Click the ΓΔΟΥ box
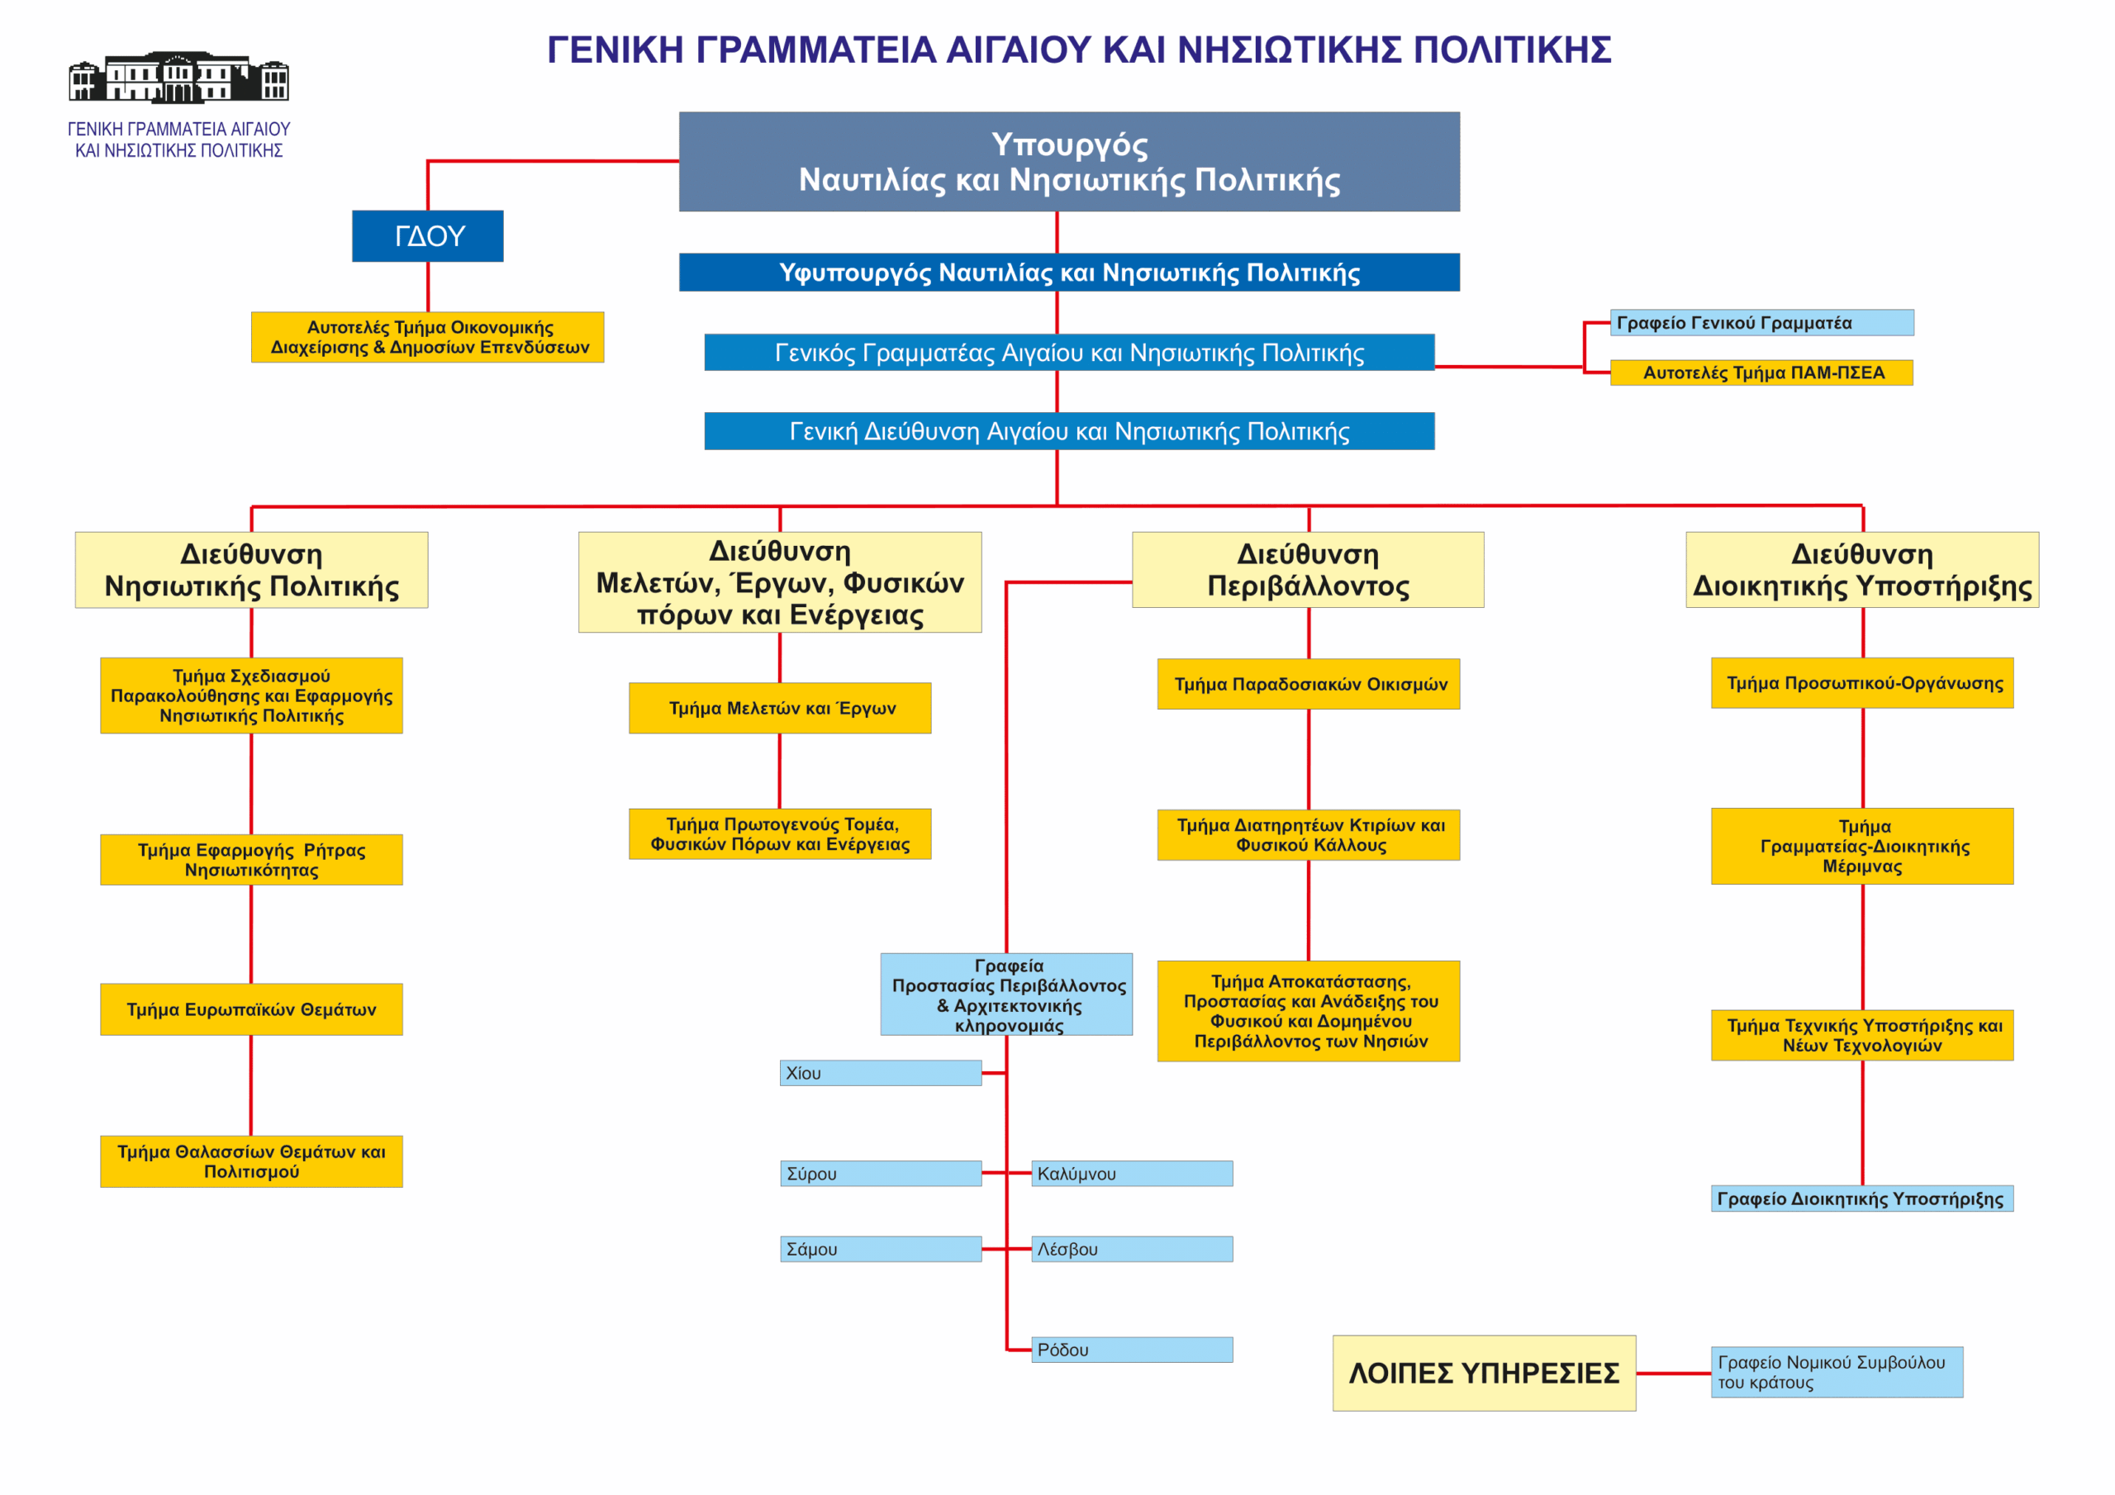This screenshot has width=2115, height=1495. point(427,235)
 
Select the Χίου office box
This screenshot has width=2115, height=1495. point(881,1073)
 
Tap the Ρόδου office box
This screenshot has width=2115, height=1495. point(1132,1350)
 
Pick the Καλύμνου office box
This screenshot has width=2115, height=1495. point(1132,1174)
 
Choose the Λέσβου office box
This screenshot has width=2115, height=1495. point(1132,1249)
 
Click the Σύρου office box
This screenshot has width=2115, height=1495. point(881,1174)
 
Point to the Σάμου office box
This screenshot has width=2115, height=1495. point(881,1249)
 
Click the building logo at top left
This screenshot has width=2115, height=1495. point(178,78)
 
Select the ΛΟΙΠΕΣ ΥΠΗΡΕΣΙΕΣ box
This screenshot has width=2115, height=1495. point(1484,1374)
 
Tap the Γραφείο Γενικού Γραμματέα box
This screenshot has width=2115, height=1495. point(1762,322)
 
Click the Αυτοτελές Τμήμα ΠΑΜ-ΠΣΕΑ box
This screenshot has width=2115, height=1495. point(1761,373)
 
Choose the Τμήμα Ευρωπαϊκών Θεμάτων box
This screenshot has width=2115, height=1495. point(251,1009)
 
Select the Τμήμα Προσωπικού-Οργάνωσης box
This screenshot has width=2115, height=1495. point(1862,682)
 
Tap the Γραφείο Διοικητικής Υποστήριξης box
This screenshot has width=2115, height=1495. point(1862,1198)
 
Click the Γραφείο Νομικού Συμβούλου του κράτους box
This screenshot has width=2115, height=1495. point(1837,1373)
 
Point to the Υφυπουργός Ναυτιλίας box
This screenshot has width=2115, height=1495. point(1069,273)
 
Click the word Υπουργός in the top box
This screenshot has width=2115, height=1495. point(1069,145)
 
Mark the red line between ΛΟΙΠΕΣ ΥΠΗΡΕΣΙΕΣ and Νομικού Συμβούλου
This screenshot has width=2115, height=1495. point(1674,1374)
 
